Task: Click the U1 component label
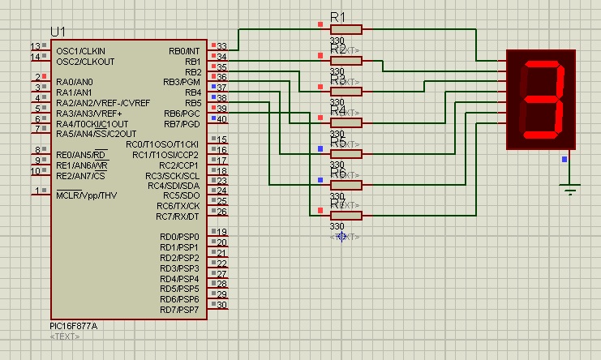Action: click(58, 32)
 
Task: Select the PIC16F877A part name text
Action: click(74, 326)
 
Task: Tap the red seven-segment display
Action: click(540, 99)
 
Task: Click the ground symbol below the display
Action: click(571, 191)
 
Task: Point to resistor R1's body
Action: click(346, 30)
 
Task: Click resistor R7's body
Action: click(346, 216)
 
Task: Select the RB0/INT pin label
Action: click(184, 50)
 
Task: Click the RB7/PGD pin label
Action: click(182, 123)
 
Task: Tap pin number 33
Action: click(221, 46)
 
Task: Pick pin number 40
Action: click(221, 119)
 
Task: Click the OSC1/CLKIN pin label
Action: click(80, 50)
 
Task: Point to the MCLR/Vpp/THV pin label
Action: click(87, 195)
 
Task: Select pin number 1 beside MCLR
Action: click(35, 191)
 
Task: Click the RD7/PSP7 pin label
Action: click(179, 310)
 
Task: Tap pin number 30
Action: click(221, 305)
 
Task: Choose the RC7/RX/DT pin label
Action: click(178, 216)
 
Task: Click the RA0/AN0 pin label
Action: click(75, 82)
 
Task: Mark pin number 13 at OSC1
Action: click(35, 46)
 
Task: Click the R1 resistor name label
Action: click(338, 17)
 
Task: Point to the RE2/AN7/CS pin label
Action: click(81, 175)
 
